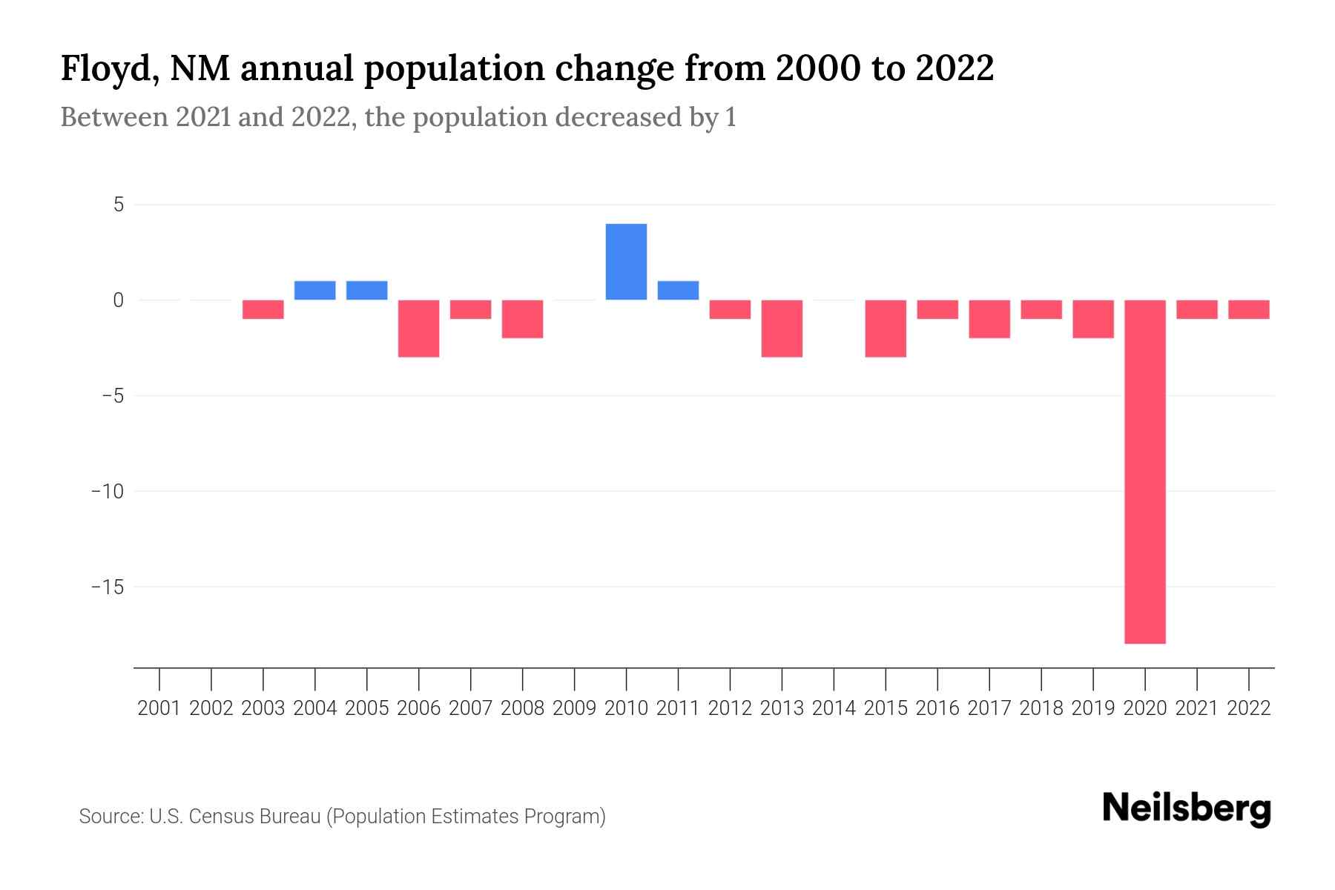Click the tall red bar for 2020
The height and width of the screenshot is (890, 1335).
1145,471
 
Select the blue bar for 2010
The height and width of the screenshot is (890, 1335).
626,262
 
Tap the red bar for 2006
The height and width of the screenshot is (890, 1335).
419,328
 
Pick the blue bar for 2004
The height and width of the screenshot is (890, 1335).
315,290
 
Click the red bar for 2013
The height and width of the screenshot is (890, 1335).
782,328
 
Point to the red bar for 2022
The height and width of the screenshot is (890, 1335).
1249,309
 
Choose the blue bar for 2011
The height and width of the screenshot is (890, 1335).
678,290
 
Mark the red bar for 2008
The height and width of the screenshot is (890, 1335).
523,319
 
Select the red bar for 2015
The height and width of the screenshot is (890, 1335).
886,328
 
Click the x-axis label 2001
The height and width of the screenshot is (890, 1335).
159,708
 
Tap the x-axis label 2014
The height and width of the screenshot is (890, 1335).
834,708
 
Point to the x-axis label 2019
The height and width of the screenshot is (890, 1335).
1093,708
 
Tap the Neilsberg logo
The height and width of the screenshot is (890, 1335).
1187,809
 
